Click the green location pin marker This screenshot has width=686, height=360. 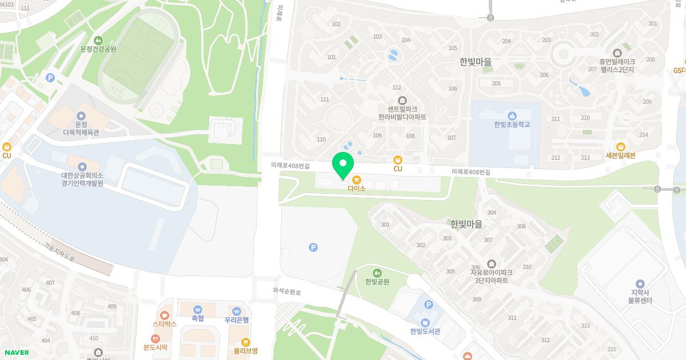343,165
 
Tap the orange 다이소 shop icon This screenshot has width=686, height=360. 357,179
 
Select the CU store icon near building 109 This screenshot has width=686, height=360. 398,160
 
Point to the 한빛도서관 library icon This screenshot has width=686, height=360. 425,322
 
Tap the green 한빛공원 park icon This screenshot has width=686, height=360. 377,273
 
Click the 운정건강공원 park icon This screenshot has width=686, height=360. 98,40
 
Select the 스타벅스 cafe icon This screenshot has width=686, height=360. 165,315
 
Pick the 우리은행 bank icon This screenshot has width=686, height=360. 236,310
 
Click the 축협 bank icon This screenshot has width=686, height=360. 198,309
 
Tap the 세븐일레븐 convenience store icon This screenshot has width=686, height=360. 621,146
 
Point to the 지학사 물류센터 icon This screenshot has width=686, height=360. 640,283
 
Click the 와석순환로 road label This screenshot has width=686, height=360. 286,291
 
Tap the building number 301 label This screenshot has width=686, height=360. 385,225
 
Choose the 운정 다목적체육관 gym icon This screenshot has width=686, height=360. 81,115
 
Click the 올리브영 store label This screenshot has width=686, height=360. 246,351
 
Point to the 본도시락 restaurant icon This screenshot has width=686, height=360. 155,338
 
